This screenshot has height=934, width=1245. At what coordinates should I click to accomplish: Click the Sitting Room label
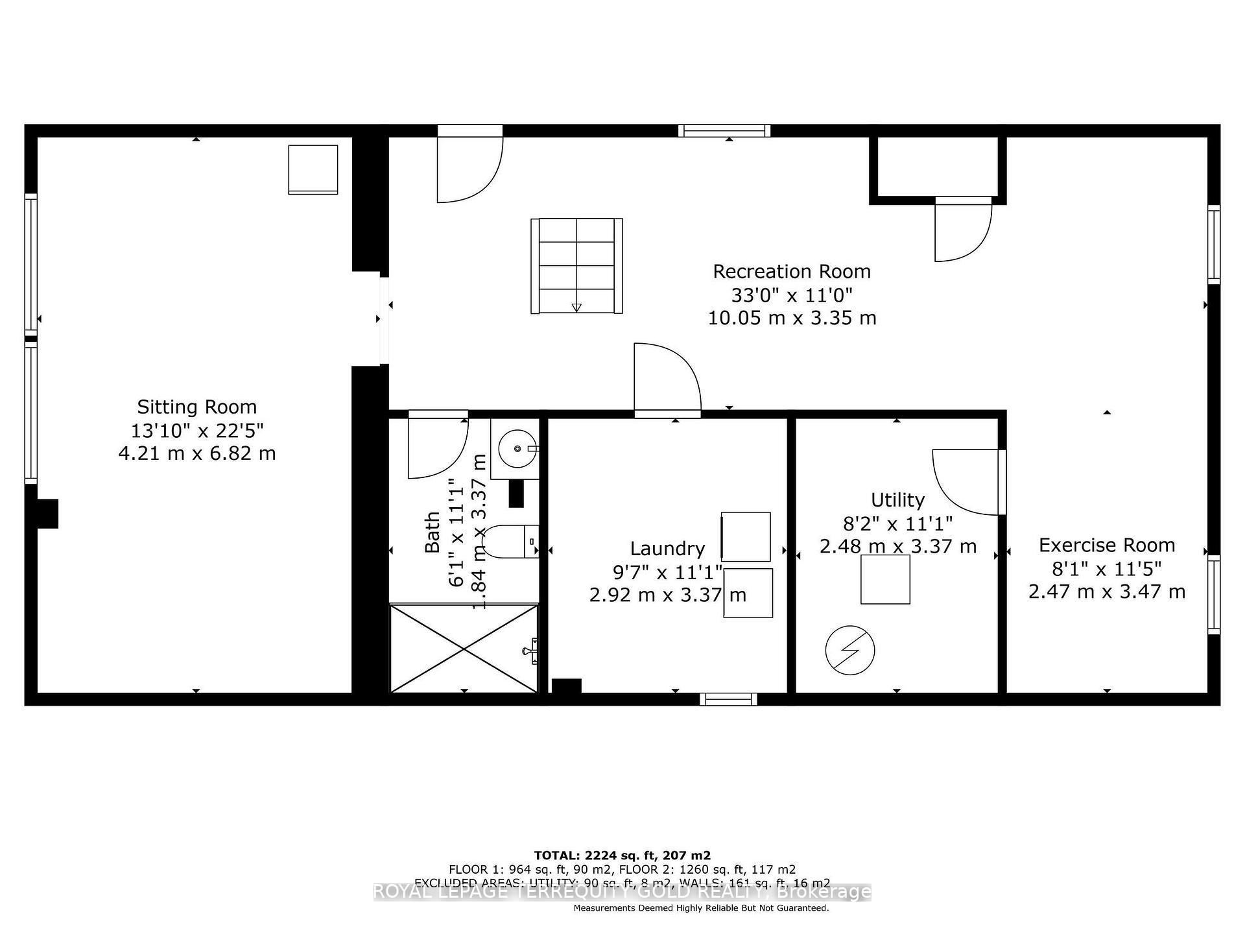click(x=196, y=407)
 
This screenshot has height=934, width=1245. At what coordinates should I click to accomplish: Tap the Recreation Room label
click(x=791, y=271)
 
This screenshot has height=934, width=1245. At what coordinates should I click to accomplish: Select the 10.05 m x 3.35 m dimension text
click(x=791, y=318)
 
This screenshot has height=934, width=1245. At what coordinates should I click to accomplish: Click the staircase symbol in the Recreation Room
click(x=576, y=266)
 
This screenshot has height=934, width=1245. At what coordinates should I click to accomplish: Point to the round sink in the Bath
click(x=517, y=448)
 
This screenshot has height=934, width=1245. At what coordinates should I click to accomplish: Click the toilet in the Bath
click(x=512, y=542)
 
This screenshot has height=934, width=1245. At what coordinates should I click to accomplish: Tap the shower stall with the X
click(x=464, y=648)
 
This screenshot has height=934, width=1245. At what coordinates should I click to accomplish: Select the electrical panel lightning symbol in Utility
click(x=849, y=650)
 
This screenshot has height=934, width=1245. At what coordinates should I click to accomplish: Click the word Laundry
click(x=667, y=549)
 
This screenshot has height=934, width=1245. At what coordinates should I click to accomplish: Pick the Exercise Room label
click(x=1106, y=545)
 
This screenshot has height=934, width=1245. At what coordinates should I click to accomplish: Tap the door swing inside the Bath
click(x=436, y=448)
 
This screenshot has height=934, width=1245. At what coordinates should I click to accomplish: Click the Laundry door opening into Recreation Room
click(x=667, y=379)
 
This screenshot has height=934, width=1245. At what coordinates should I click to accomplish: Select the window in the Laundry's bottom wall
click(x=728, y=699)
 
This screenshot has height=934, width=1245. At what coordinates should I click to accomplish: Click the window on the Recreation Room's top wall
click(x=724, y=131)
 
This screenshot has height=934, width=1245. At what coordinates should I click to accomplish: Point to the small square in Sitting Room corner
click(x=313, y=169)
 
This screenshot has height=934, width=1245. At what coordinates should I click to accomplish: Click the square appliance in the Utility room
click(x=885, y=579)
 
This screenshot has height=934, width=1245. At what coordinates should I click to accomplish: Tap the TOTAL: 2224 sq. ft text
click(x=622, y=856)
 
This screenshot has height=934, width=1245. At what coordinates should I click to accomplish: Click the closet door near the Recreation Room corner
click(x=963, y=230)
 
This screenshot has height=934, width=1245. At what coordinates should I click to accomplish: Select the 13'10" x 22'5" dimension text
click(x=196, y=430)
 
